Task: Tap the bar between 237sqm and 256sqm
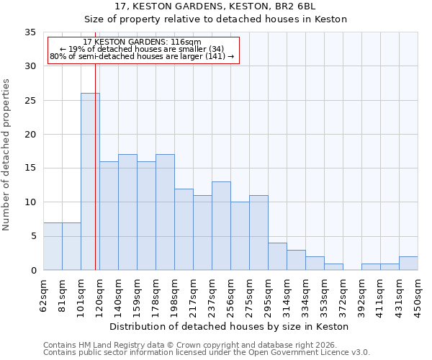221,226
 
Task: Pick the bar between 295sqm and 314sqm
277,256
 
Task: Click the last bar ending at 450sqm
408,264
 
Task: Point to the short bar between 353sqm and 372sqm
333,267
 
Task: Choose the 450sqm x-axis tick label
418,296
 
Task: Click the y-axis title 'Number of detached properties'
6,151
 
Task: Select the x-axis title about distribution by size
230,326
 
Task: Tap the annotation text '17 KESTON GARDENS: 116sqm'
142,42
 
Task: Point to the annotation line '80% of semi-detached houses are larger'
142,56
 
